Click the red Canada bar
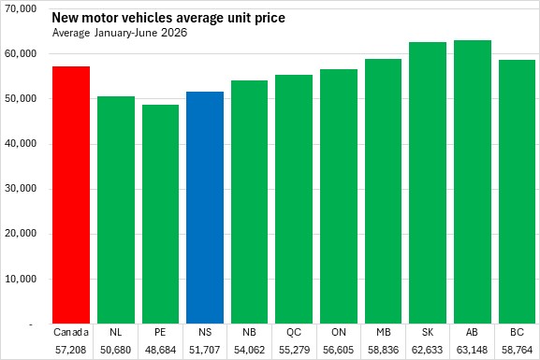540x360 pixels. [x=71, y=194]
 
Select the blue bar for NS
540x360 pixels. [x=205, y=208]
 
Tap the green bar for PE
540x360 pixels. [x=160, y=214]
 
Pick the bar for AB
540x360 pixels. [x=473, y=181]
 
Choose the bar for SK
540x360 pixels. [x=428, y=182]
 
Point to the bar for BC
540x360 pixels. [x=517, y=192]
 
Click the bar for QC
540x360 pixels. [x=294, y=199]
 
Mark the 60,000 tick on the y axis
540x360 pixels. [x=21, y=53]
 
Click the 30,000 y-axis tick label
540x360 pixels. [x=21, y=189]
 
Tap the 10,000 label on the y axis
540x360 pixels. [x=21, y=279]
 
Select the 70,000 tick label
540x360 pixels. [x=21, y=8]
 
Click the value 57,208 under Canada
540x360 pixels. [x=70, y=350]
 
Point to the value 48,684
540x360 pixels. [x=160, y=350]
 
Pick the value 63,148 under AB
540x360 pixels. [x=473, y=350]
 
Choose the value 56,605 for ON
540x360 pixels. [x=338, y=350]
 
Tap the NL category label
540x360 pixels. [x=116, y=332]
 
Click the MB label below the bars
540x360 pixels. [x=384, y=332]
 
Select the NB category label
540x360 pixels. [x=249, y=332]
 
